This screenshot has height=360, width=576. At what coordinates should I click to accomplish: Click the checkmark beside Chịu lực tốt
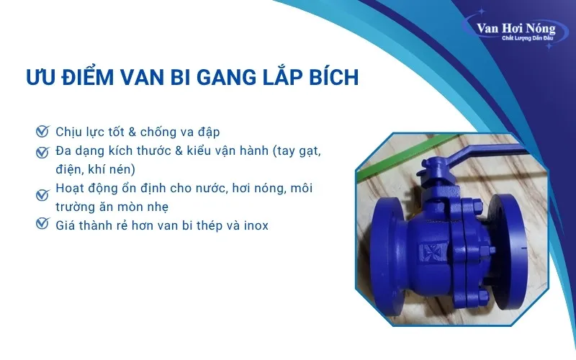(x=42, y=132)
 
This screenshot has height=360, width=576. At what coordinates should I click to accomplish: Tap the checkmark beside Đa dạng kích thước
(x=42, y=152)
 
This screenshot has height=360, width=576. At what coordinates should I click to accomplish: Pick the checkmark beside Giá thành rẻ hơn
(x=42, y=225)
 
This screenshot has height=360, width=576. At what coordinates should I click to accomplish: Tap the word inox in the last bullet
(x=254, y=225)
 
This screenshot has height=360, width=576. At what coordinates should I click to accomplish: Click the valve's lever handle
(x=461, y=153)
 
